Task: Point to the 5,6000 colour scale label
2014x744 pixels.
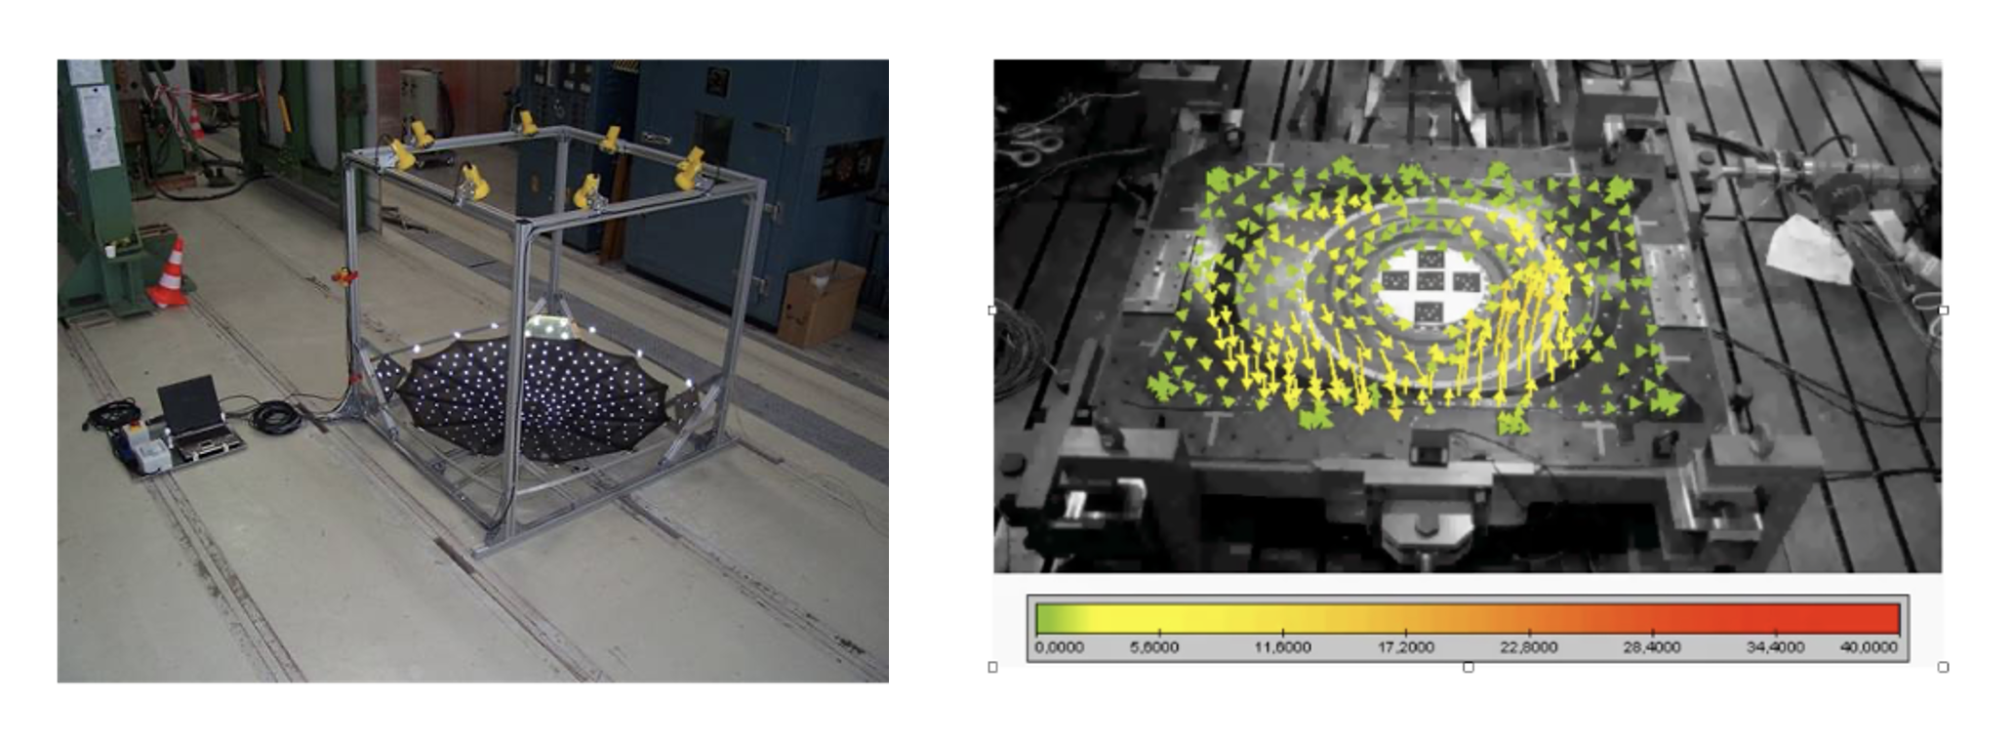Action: tap(1154, 647)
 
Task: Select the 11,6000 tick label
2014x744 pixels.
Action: tap(1283, 647)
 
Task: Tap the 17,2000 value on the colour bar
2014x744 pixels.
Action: tap(1405, 647)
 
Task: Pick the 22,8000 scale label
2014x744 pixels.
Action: tap(1528, 647)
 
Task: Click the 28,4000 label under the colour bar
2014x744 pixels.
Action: tap(1651, 647)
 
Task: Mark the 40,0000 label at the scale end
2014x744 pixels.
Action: tap(1870, 647)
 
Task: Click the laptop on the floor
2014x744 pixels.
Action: tap(194, 414)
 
